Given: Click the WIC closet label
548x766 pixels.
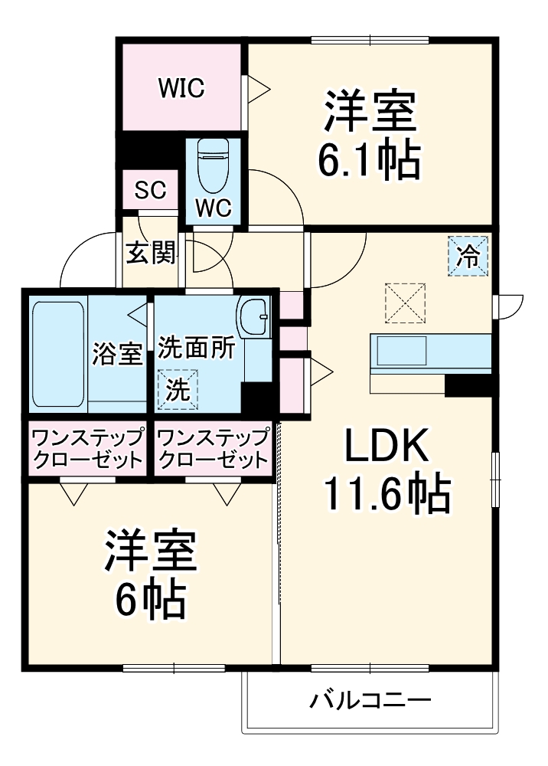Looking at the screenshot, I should pyautogui.click(x=181, y=89).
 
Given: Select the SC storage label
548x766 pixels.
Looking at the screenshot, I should pyautogui.click(x=151, y=191).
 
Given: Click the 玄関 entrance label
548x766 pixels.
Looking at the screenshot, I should pyautogui.click(x=150, y=252).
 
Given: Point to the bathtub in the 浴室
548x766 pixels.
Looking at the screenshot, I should pyautogui.click(x=58, y=353).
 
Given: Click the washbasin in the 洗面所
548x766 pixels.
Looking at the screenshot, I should pyautogui.click(x=253, y=316).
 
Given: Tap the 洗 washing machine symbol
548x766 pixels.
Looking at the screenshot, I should pyautogui.click(x=178, y=389).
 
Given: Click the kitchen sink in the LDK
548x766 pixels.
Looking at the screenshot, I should pyautogui.click(x=402, y=351).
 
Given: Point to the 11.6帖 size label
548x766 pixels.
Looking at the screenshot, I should pyautogui.click(x=387, y=496).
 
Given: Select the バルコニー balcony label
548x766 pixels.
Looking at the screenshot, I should pyautogui.click(x=370, y=700).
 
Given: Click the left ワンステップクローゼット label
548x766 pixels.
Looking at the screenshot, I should pyautogui.click(x=86, y=450).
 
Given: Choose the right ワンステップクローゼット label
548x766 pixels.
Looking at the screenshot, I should pyautogui.click(x=213, y=450).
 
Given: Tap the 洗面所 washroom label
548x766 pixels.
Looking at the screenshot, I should pyautogui.click(x=197, y=346).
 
